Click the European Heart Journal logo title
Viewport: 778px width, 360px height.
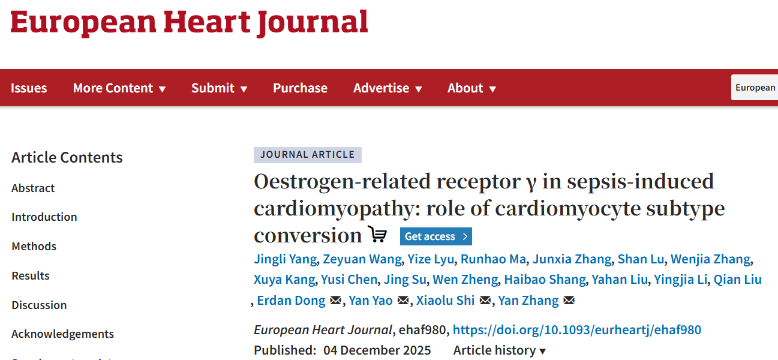189,22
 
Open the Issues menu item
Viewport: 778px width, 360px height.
29,88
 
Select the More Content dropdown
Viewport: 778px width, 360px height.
119,88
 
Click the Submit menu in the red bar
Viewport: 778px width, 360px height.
219,88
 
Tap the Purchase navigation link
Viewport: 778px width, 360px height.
300,88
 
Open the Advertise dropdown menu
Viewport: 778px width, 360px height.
388,88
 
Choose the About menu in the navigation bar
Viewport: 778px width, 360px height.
471,88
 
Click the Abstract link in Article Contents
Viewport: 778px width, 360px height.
33,188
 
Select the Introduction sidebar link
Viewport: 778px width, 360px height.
44,217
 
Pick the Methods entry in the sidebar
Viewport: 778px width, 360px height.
34,246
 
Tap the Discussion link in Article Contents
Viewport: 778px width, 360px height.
39,305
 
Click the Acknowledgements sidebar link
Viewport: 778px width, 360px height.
62,334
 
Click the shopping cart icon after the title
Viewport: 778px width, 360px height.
378,235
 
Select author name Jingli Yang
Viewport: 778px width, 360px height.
285,259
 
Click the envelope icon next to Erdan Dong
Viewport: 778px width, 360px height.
335,301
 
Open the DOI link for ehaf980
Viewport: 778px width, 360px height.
576,329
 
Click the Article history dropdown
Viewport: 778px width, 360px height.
500,350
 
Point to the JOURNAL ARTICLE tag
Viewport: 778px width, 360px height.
307,155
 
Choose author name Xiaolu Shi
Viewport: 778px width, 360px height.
445,301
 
